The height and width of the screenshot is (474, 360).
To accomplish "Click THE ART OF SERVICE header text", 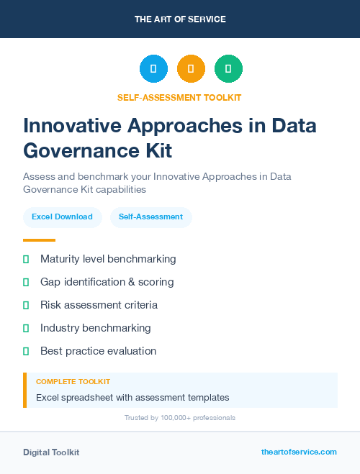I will click(x=180, y=19).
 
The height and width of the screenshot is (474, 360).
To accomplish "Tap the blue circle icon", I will click(x=153, y=69).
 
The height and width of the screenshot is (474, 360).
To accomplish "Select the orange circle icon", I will click(x=191, y=69).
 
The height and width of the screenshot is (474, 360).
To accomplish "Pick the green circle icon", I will click(x=228, y=69).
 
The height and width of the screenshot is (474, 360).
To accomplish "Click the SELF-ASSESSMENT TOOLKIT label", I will click(x=179, y=98).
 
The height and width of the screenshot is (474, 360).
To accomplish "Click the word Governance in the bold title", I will click(x=77, y=151).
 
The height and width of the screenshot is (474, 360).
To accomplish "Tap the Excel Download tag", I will click(x=62, y=217).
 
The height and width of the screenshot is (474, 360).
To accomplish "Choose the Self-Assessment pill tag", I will click(x=150, y=217).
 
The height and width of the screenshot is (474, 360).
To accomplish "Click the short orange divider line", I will click(x=39, y=240).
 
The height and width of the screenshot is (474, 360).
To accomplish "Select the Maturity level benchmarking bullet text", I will click(x=108, y=259).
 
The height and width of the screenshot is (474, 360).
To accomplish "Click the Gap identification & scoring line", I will click(x=107, y=282).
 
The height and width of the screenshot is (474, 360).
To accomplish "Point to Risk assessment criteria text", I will click(x=99, y=305).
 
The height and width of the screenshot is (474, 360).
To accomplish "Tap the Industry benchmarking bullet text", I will click(x=95, y=328).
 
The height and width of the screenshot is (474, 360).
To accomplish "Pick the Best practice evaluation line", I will click(x=98, y=351).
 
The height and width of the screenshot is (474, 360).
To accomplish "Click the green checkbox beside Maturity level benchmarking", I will click(x=26, y=259).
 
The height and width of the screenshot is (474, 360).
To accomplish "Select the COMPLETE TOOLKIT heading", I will click(x=73, y=382).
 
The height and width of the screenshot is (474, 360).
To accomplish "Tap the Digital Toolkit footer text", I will click(x=51, y=452).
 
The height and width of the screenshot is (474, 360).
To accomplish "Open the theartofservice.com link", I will click(x=299, y=452).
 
